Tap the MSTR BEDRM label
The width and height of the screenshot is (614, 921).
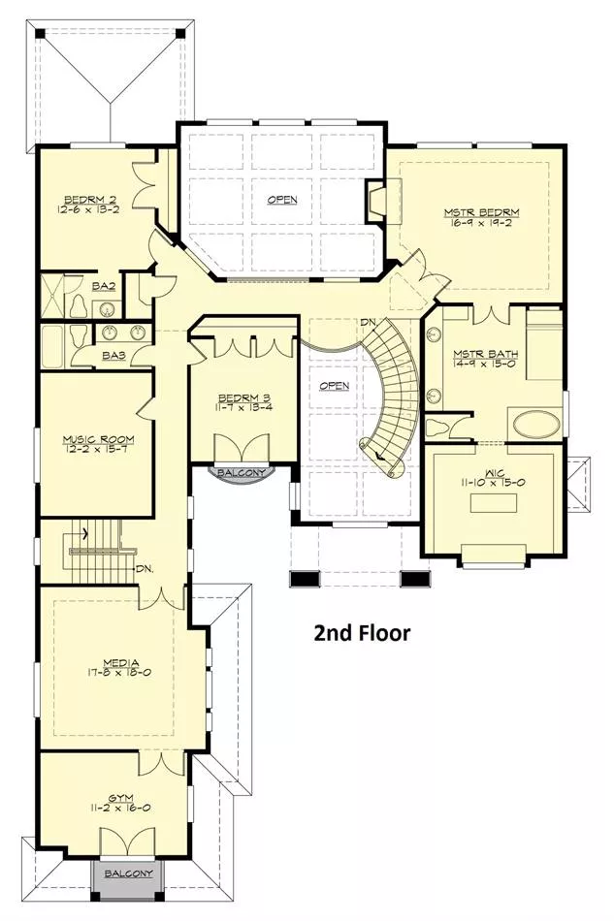pyautogui.click(x=482, y=212)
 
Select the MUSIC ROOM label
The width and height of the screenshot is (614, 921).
pyautogui.click(x=98, y=439)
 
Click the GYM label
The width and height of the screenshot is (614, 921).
pyautogui.click(x=120, y=798)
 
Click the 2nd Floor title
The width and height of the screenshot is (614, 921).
pyautogui.click(x=362, y=633)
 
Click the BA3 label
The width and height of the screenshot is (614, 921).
pyautogui.click(x=114, y=356)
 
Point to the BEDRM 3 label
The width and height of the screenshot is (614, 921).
pyautogui.click(x=243, y=397)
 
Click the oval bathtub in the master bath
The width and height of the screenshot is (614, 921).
pyautogui.click(x=537, y=425)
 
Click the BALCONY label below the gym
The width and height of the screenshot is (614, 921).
pyautogui.click(x=129, y=873)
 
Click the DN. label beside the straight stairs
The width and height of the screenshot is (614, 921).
pyautogui.click(x=145, y=568)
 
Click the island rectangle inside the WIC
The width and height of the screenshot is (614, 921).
pyautogui.click(x=494, y=503)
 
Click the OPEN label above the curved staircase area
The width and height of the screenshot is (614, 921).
pyautogui.click(x=335, y=386)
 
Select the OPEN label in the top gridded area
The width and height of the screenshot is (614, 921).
pyautogui.click(x=282, y=200)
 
